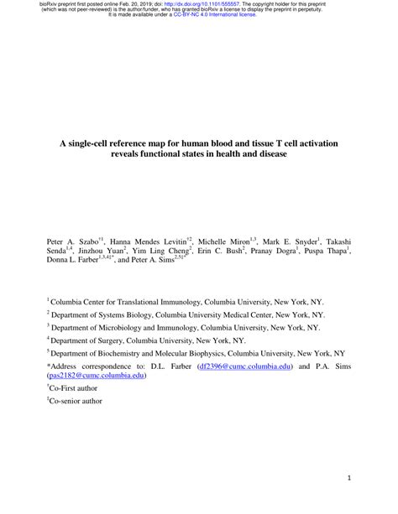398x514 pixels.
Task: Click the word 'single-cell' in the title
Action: coord(102,144)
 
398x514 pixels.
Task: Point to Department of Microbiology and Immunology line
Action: coord(185,327)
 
